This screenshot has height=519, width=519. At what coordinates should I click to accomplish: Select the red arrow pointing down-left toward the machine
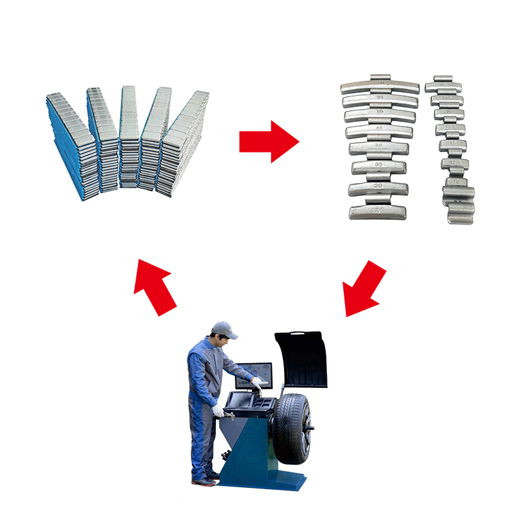pos(363,289)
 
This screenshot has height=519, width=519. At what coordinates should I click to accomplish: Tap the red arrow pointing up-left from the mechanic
pos(156,285)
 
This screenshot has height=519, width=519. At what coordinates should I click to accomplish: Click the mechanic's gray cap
pos(223,328)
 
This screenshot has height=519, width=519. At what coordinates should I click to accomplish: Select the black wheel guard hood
pos(301,360)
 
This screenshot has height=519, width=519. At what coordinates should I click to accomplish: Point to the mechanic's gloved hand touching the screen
pos(257,383)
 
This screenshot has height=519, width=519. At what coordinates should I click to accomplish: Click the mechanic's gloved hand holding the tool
pos(217,411)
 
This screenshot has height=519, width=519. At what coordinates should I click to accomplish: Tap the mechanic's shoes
pos(204,481)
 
